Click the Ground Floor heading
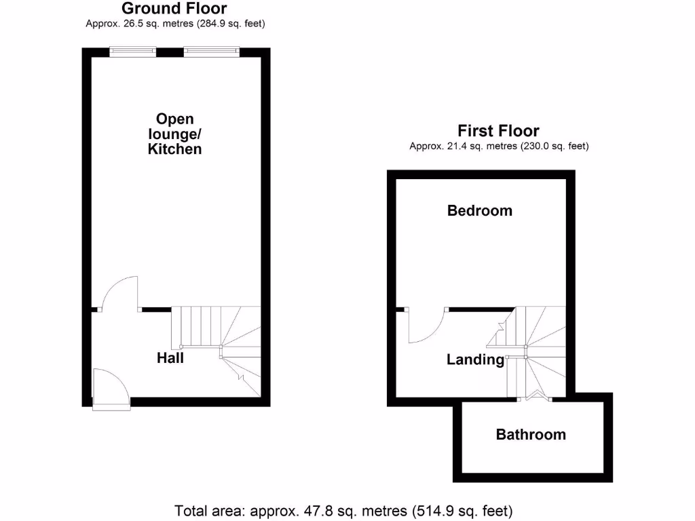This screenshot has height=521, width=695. click(174, 9)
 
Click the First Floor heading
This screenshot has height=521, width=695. click(498, 131)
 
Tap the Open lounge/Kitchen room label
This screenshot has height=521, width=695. click(174, 134)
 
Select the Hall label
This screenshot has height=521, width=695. click(170, 358)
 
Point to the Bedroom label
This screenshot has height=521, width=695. click(479, 211)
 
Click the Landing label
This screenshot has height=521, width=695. click(475, 360)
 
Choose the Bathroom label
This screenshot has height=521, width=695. click(530, 435)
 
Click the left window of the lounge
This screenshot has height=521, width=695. click(134, 51)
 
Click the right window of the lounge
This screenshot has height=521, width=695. click(211, 51)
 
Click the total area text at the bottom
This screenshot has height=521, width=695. click(343, 509)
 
